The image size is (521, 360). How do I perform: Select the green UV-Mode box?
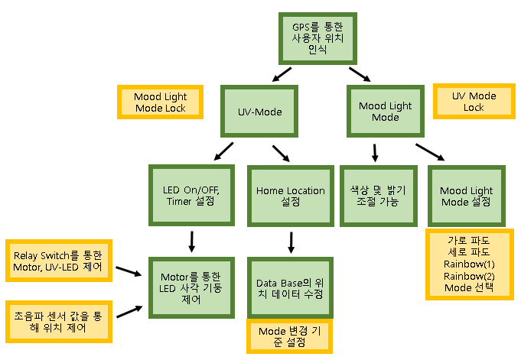[x=259, y=112]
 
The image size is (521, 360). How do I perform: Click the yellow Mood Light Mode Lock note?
[x=161, y=102]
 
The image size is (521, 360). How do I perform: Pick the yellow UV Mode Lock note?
[x=474, y=102]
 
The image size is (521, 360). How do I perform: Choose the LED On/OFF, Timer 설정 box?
[x=190, y=196]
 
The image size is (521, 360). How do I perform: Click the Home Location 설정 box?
[x=290, y=196]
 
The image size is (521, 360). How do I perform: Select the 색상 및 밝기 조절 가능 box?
[x=375, y=196]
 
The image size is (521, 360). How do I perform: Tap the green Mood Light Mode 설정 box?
[x=466, y=196]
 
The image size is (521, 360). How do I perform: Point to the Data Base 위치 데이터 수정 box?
[x=290, y=288]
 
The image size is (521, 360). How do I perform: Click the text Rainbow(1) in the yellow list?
[x=469, y=264]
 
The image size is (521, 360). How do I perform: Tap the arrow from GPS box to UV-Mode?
[x=282, y=75]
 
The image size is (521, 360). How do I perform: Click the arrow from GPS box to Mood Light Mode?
[x=358, y=74]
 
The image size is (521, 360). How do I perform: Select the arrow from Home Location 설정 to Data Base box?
[x=290, y=242]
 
